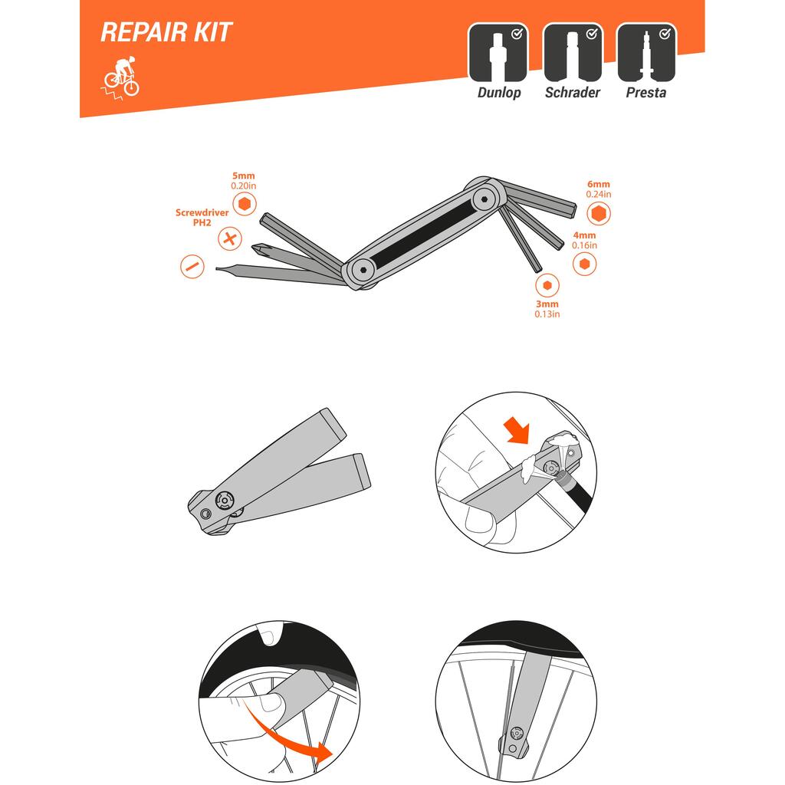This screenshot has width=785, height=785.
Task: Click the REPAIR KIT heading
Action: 166,32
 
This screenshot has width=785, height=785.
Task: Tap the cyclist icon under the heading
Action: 120,78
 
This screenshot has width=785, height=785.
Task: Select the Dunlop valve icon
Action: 498,53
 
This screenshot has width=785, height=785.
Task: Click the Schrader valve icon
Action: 573,53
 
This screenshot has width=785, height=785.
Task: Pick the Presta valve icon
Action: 646,53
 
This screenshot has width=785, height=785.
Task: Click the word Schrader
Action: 572,93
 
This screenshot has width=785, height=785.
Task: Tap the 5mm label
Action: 243,176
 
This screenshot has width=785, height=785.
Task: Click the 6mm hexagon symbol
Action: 598,213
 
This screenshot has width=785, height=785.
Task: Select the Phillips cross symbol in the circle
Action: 230,238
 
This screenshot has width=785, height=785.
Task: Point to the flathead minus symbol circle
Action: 192,266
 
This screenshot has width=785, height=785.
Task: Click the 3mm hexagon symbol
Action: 547,285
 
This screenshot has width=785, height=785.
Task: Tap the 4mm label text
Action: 584,235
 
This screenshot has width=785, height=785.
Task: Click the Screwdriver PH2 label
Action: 202,217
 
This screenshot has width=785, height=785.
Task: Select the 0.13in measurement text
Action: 547,314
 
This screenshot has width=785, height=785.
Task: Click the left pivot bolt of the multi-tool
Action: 363,270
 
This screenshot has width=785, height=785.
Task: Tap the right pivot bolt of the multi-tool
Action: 484,199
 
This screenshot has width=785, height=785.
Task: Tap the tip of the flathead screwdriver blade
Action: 217,269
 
